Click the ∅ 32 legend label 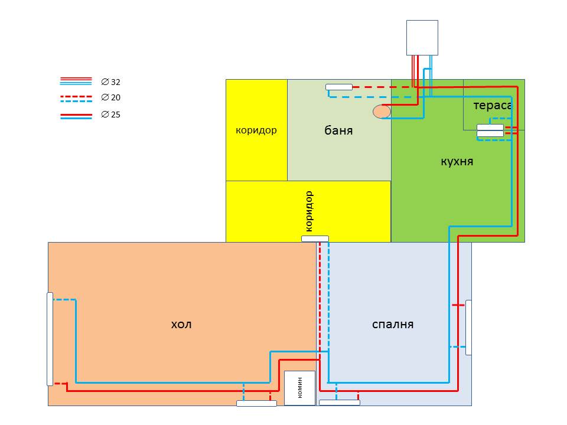tap(110, 82)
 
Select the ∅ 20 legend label tap(110, 97)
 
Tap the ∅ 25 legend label tap(110, 115)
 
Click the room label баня tap(338, 130)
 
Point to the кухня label tap(457, 161)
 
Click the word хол tap(181, 324)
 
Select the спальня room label tap(393, 324)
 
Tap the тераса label tap(493, 106)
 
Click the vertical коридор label tap(308, 211)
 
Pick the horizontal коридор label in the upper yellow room tap(256, 130)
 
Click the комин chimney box tap(300, 388)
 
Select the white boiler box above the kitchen tap(422, 38)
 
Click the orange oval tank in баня tap(382, 112)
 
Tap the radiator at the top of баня tap(339, 87)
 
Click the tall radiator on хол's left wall tap(50, 339)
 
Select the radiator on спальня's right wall tap(468, 328)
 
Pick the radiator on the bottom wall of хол tap(257, 403)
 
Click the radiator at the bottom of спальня tap(340, 403)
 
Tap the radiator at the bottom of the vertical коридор tap(315, 238)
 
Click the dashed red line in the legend tap(76, 97)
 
